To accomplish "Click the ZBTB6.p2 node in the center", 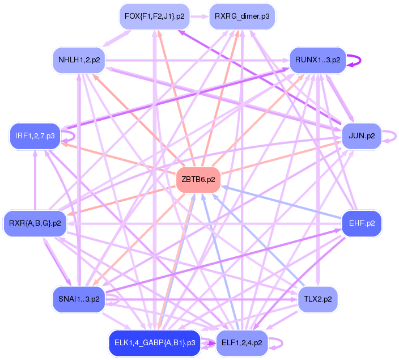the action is tap(198, 180).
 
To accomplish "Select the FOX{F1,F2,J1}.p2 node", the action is tap(155, 17).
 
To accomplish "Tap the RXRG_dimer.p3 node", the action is tap(242, 17).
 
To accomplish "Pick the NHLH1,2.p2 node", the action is tap(79, 60).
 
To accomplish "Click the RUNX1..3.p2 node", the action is tap(317, 60).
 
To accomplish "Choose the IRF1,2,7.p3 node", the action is tap(35, 136).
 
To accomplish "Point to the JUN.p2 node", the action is tap(362, 136).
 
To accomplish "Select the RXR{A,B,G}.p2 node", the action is tap(35, 223).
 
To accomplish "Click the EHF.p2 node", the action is tap(362, 223).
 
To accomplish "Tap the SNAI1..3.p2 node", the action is tap(79, 299).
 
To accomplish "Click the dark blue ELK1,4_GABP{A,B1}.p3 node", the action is tap(154, 342).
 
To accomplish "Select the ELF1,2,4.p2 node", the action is tap(242, 342).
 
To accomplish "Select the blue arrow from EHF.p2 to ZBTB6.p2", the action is tap(283, 204).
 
